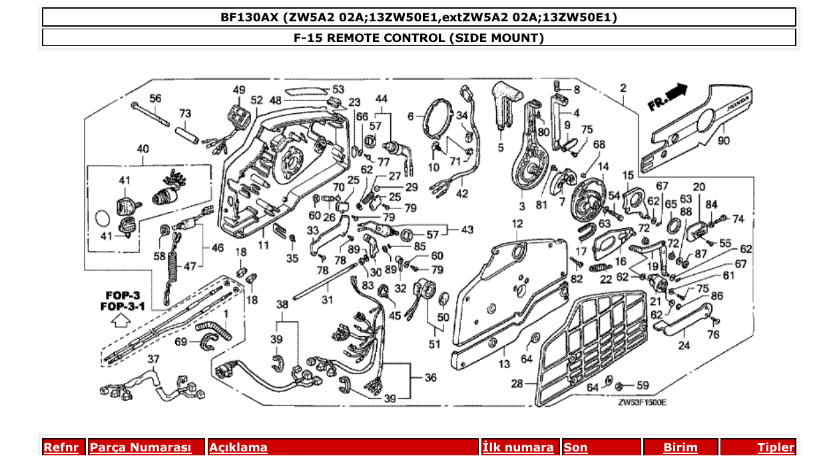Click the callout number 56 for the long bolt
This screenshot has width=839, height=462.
[155, 99]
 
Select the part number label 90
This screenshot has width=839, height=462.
[723, 140]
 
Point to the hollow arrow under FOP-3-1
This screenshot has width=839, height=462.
[120, 321]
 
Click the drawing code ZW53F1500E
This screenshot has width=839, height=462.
[642, 402]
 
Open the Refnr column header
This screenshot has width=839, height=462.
[61, 447]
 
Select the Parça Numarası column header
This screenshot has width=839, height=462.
[140, 447]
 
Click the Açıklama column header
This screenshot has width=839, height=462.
[238, 447]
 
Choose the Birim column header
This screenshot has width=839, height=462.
[681, 447]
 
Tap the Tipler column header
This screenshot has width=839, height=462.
[776, 447]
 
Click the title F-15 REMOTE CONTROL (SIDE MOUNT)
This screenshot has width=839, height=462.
[419, 38]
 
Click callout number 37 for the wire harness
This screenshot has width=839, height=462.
[154, 359]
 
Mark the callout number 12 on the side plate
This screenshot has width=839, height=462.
[518, 224]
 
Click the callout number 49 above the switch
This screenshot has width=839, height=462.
[239, 90]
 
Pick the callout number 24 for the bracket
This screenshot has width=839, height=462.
[684, 345]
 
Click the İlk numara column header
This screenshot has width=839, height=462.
[518, 447]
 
